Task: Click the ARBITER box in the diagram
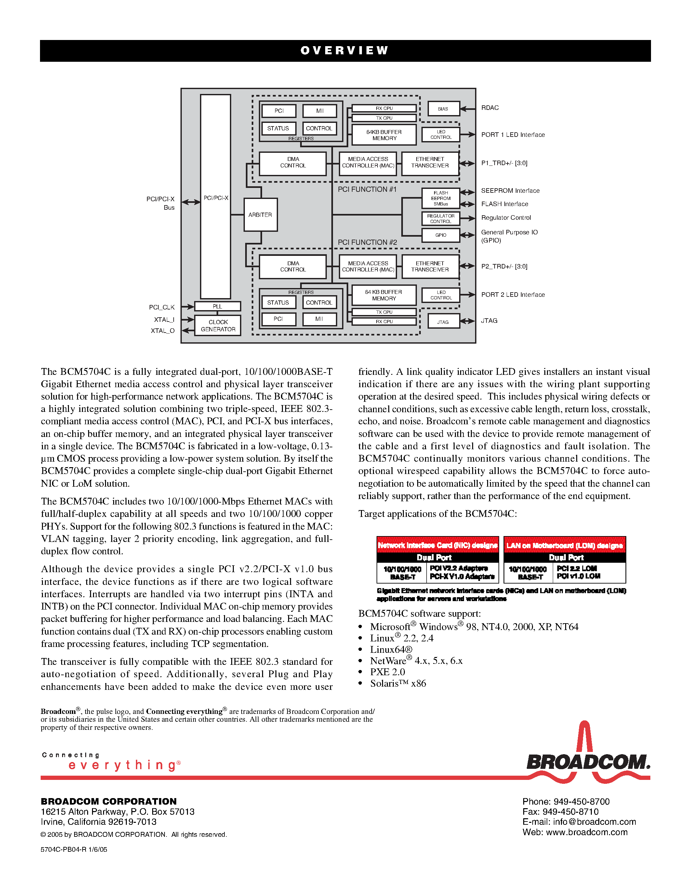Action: point(260,215)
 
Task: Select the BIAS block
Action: point(443,109)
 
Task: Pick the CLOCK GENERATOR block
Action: point(218,325)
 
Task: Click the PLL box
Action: point(217,306)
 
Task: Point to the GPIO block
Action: point(441,235)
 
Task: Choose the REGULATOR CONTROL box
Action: point(441,218)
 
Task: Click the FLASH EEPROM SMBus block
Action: point(441,198)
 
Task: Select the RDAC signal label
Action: point(490,108)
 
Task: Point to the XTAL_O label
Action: point(163,331)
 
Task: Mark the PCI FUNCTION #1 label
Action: point(367,189)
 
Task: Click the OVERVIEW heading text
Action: point(345,50)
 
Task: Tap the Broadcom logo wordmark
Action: point(588,762)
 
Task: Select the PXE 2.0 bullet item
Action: point(387,672)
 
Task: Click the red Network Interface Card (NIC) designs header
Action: point(438,545)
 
